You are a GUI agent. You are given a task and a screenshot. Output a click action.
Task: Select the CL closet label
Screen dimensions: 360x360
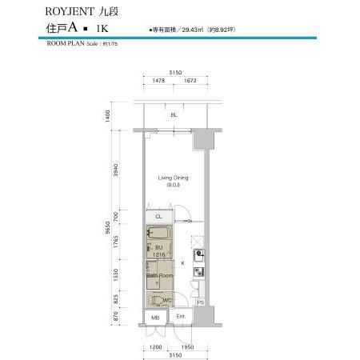tap(158, 217)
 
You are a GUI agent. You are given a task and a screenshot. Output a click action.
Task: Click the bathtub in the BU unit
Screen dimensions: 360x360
tap(158, 239)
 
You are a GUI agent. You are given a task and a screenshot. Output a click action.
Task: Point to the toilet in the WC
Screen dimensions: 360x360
tap(164, 301)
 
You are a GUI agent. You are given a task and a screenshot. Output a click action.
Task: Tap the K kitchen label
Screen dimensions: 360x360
tap(183, 262)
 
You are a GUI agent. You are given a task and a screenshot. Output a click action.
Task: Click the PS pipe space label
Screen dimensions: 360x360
tap(200, 302)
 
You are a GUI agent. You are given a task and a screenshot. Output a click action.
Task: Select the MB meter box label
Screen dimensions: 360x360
tap(155, 318)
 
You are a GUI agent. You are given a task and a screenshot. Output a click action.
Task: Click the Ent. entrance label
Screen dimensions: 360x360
tap(182, 318)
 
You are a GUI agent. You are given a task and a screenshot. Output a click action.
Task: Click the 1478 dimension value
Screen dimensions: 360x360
tap(158, 81)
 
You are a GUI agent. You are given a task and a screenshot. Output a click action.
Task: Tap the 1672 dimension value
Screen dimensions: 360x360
tap(189, 81)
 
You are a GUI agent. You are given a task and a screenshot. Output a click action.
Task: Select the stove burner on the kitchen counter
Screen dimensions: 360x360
tap(199, 255)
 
